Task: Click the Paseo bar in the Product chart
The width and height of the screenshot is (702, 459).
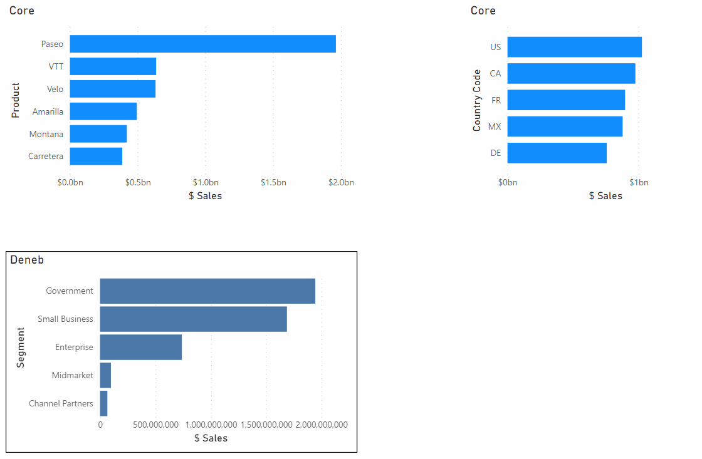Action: point(202,44)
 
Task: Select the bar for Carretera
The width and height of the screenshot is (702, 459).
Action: point(96,157)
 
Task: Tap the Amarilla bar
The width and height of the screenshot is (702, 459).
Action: point(103,111)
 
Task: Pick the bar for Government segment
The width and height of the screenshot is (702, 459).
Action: point(207,291)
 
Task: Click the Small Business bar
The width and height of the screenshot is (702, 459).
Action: point(193,319)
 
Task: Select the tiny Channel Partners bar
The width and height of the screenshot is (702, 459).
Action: point(103,403)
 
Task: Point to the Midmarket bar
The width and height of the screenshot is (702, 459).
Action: point(105,376)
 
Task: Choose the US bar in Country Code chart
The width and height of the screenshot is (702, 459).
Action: point(574,47)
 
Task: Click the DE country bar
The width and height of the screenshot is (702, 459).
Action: point(557,153)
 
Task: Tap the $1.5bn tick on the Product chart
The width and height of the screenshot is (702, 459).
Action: point(273,183)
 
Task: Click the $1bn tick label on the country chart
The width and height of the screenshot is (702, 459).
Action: point(638,183)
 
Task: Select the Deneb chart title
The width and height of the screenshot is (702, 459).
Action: point(27,260)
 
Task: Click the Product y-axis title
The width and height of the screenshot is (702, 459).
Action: point(16,100)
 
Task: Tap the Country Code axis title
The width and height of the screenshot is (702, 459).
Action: point(477,100)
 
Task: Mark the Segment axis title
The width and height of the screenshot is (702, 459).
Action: point(21,348)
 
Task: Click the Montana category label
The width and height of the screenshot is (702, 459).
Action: point(46,134)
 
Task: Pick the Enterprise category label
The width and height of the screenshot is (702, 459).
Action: point(74,348)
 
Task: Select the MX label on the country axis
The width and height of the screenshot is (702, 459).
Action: point(495,126)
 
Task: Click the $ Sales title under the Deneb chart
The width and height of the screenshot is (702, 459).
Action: point(211,438)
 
